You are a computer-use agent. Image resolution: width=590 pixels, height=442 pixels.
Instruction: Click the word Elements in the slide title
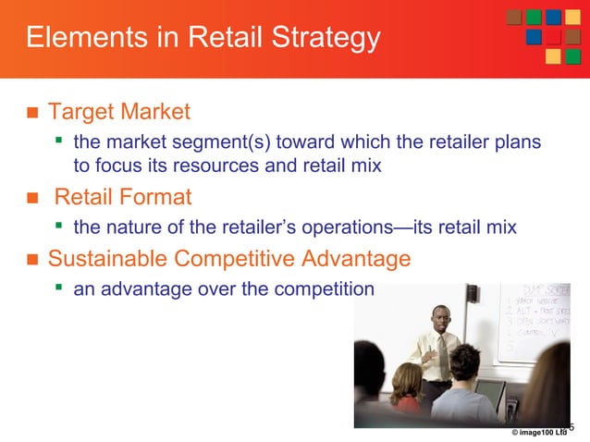[79, 39]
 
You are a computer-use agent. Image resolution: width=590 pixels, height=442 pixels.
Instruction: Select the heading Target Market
[119, 113]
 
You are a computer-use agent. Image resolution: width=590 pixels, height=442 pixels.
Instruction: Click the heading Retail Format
[123, 196]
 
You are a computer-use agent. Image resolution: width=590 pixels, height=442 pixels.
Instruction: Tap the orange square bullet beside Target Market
[30, 114]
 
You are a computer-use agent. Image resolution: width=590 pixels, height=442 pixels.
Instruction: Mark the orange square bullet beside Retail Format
[30, 197]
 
